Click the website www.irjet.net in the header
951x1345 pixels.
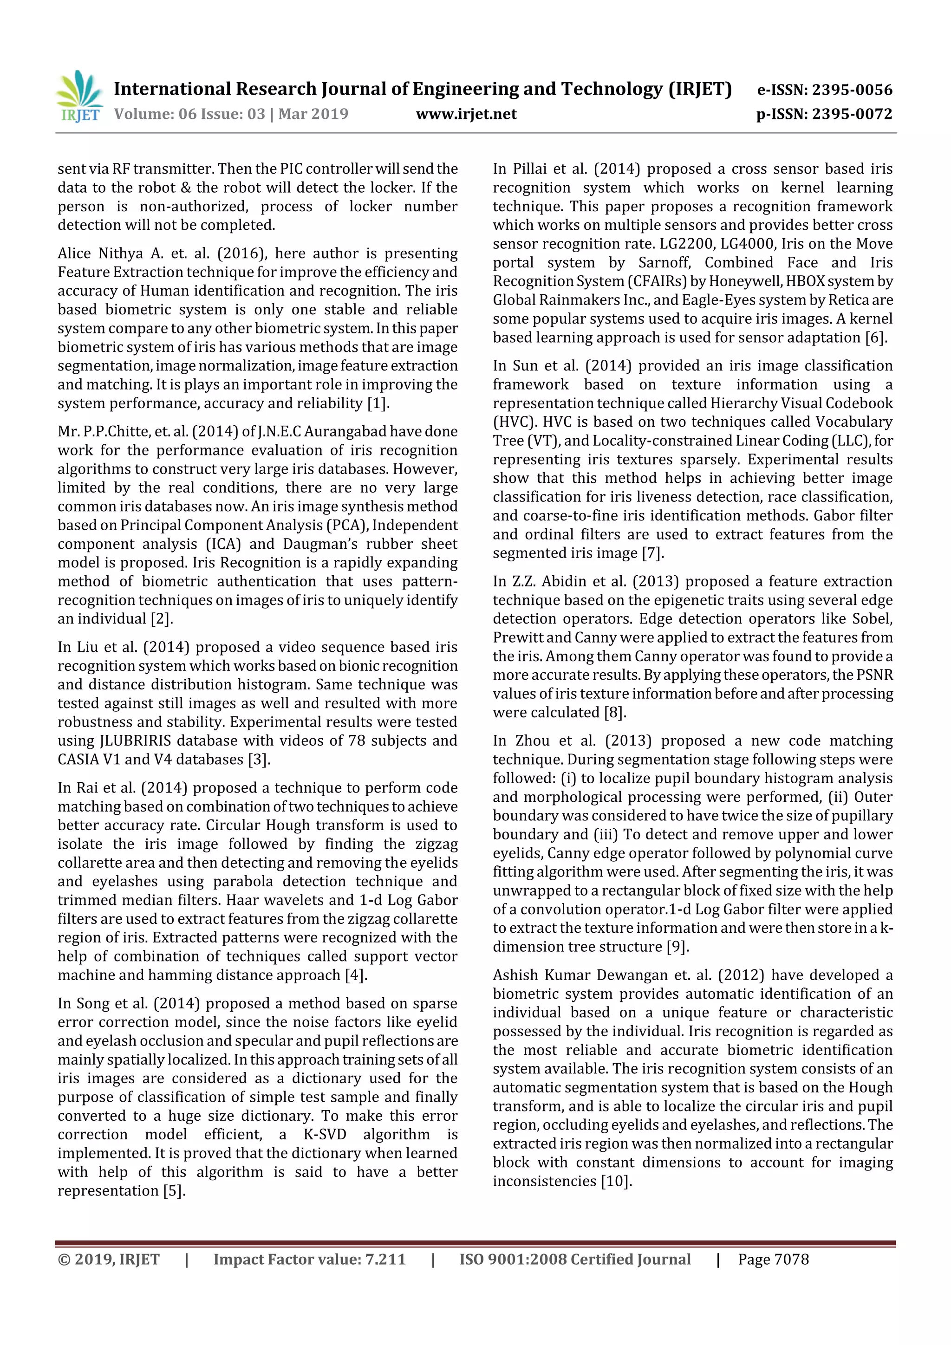click(x=466, y=114)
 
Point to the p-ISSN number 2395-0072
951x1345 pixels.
click(x=851, y=114)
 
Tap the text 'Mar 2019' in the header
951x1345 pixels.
click(x=313, y=114)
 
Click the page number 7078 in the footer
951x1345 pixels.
click(x=791, y=1259)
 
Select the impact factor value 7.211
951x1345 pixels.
click(x=385, y=1259)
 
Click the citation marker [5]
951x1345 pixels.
click(x=174, y=1191)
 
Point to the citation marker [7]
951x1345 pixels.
click(x=652, y=553)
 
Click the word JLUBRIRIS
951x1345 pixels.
click(x=137, y=741)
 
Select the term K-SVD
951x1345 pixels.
click(x=325, y=1135)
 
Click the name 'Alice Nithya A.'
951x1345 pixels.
click(x=110, y=253)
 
